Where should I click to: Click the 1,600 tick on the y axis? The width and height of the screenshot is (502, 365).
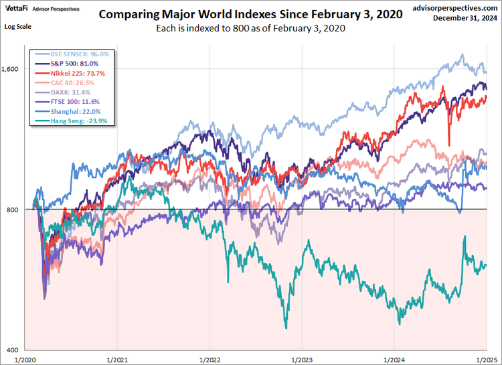pyautogui.click(x=13, y=69)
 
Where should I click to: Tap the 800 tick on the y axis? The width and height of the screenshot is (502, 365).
pyautogui.click(x=16, y=210)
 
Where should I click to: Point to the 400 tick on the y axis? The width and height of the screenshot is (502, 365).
pyautogui.click(x=16, y=350)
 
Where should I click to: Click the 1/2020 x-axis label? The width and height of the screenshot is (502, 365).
pyautogui.click(x=25, y=359)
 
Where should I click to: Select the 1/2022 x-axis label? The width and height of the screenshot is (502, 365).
pyautogui.click(x=209, y=359)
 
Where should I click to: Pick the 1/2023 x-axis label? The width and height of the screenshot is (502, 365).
pyautogui.click(x=301, y=359)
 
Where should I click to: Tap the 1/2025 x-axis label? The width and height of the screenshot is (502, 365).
pyautogui.click(x=485, y=359)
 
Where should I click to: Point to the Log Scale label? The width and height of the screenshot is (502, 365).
pyautogui.click(x=18, y=26)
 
